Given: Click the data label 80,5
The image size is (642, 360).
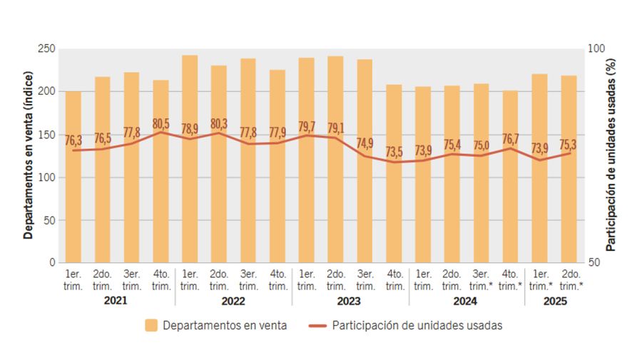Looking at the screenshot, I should pyautogui.click(x=161, y=123).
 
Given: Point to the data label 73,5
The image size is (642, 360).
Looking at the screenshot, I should pyautogui.click(x=394, y=151).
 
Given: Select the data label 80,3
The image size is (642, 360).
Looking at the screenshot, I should pyautogui.click(x=219, y=123).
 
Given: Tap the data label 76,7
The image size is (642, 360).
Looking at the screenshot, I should pyautogui.click(x=511, y=138).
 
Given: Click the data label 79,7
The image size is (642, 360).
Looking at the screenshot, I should pyautogui.click(x=307, y=126).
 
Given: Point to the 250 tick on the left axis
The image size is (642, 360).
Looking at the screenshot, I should pyautogui.click(x=47, y=48).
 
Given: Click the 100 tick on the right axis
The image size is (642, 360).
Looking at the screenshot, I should pyautogui.click(x=596, y=48).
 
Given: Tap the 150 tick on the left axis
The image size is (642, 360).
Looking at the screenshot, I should pyautogui.click(x=47, y=134).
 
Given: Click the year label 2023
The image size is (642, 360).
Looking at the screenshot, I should pyautogui.click(x=350, y=302).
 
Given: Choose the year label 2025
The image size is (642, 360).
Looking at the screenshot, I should pyautogui.click(x=554, y=302).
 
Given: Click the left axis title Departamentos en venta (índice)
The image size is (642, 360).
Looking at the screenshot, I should pyautogui.click(x=28, y=155).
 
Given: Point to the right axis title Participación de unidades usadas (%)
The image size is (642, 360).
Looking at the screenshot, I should pyautogui.click(x=611, y=155).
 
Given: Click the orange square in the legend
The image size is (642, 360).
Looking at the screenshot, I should pyautogui.click(x=151, y=326).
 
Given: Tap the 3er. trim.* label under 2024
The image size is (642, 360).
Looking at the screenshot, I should pyautogui.click(x=481, y=280).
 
